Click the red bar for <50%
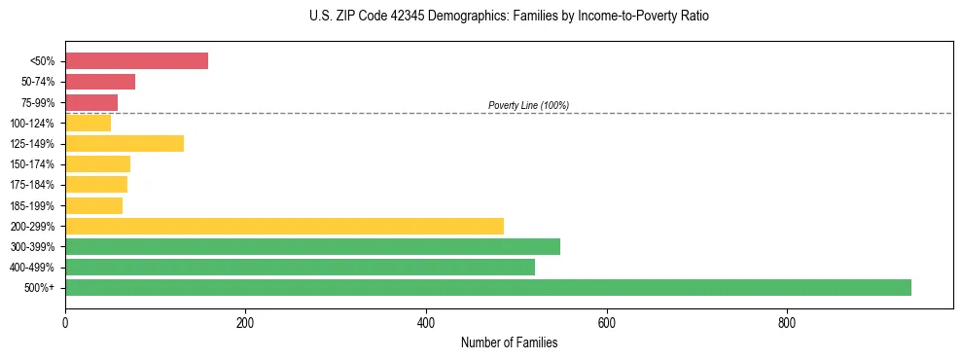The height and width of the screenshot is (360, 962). tap(136, 61)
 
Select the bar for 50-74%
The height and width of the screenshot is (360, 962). tap(100, 82)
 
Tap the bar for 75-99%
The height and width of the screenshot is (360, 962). tap(91, 102)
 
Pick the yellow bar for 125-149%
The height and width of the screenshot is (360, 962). tap(125, 144)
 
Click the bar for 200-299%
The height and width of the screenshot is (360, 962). tap(284, 226)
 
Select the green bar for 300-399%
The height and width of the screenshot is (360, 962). tap(312, 246)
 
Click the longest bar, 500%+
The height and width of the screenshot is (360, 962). tap(488, 287)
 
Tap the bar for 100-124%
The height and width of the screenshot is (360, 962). tap(88, 124)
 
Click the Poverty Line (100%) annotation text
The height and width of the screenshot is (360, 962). tap(528, 105)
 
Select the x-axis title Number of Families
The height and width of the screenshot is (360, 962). tap(509, 342)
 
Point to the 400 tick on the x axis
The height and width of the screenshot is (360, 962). tap(426, 322)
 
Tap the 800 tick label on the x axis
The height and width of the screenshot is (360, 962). tap(787, 322)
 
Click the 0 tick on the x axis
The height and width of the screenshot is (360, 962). tap(65, 322)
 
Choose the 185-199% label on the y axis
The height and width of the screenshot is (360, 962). tap(32, 205)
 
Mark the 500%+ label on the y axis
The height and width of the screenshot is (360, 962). tap(41, 288)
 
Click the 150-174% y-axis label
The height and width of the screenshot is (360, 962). tap(32, 164)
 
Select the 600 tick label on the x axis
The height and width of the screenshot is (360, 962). tap(606, 322)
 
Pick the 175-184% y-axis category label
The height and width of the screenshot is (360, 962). tap(32, 185)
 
